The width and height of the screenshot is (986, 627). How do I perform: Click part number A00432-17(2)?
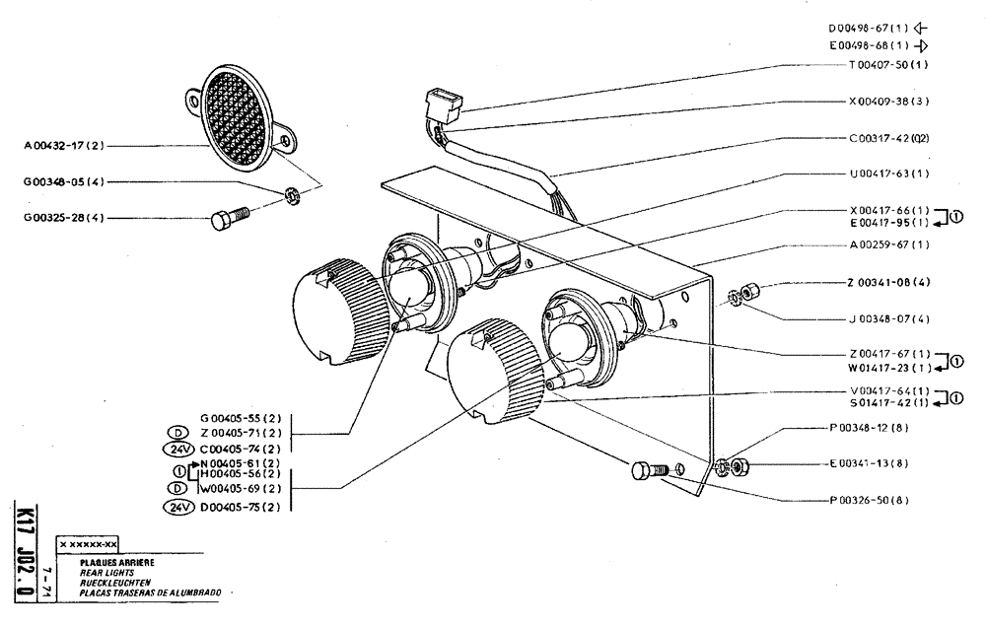pos(65,146)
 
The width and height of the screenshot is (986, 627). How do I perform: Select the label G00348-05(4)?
pos(65,182)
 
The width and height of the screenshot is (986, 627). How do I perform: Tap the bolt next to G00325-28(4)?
pos(226,218)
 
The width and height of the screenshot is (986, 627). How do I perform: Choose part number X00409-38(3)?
pos(888,101)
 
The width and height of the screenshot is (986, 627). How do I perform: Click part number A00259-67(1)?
pos(888,244)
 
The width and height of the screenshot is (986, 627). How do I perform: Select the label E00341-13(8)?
pos(868,463)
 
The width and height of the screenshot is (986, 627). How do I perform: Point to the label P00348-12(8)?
pos(868,427)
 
